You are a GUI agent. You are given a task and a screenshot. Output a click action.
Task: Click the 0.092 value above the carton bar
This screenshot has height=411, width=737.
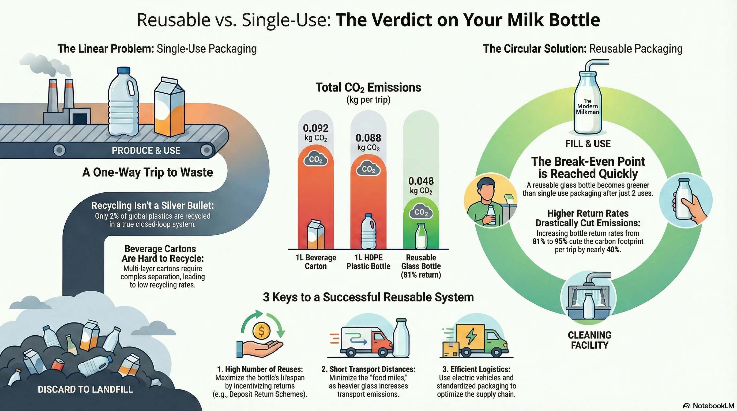(x=315, y=128)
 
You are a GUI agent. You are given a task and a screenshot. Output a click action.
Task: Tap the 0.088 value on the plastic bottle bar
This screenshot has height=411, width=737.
(x=368, y=138)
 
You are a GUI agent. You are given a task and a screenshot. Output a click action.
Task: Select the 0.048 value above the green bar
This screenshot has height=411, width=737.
(x=421, y=181)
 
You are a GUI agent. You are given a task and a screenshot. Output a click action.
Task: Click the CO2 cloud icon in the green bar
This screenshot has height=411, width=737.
(x=421, y=212)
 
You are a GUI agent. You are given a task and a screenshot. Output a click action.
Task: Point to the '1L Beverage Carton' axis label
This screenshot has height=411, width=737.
(x=315, y=262)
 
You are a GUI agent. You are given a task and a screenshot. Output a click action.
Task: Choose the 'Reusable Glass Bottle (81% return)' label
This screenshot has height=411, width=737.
(x=421, y=266)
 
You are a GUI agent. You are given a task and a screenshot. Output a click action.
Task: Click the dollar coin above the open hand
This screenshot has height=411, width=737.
(x=261, y=331)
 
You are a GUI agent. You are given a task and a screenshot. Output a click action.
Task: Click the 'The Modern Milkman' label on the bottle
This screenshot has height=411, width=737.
(x=587, y=106)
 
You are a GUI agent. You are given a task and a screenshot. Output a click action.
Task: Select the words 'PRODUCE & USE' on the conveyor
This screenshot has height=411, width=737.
(x=146, y=151)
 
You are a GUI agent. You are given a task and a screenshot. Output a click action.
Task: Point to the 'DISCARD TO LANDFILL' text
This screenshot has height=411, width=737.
(x=85, y=389)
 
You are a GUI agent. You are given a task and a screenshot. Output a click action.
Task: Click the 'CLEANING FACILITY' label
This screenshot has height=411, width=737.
(x=589, y=340)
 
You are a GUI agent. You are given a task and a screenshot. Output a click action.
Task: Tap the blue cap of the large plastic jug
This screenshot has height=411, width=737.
(x=124, y=70)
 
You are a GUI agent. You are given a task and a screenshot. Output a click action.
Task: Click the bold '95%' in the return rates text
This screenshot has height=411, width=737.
(x=561, y=241)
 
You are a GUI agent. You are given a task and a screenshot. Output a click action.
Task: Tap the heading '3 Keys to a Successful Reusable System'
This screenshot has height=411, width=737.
(x=368, y=297)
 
